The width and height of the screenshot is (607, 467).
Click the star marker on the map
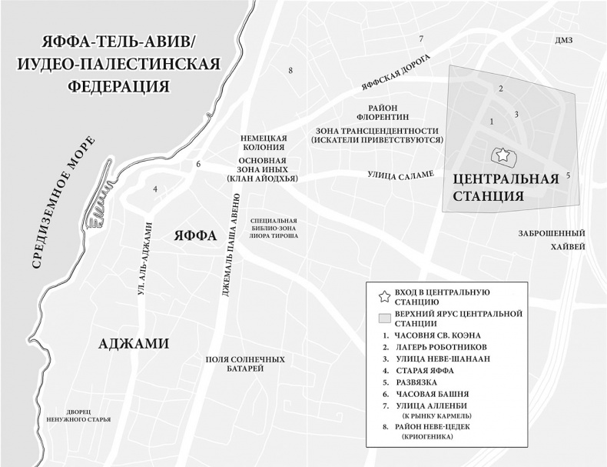tap(502, 155)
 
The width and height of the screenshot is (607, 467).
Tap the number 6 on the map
tap(198, 164)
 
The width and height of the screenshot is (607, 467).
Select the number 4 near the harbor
tap(155, 188)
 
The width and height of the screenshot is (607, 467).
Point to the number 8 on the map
tap(290, 71)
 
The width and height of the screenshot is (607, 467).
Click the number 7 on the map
tap(421, 38)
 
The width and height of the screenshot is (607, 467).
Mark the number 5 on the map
tap(568, 175)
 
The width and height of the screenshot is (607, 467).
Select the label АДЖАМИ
tap(134, 343)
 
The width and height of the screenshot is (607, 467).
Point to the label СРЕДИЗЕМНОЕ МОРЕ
tap(63, 202)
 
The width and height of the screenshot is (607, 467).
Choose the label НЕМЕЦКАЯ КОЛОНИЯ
tap(263, 141)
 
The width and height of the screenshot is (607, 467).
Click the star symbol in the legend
tap(383, 296)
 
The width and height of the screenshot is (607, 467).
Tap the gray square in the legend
tap(383, 319)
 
